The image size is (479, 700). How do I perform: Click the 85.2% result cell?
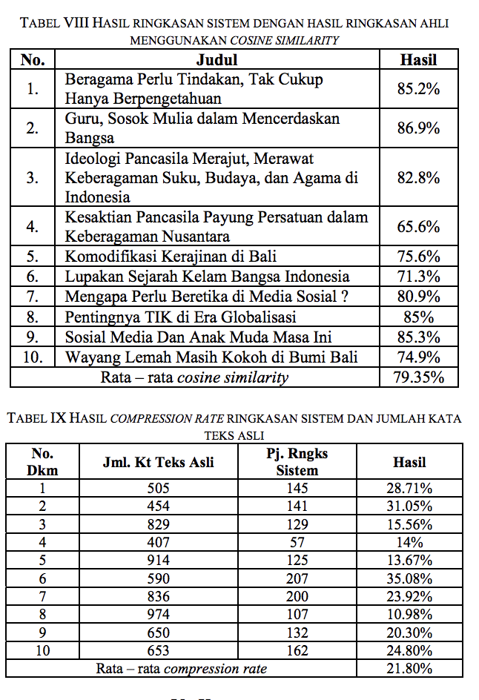click(418, 89)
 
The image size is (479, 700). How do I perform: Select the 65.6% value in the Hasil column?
click(418, 227)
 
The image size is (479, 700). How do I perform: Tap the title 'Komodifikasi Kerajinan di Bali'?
click(171, 257)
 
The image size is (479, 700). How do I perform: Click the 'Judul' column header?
click(216, 60)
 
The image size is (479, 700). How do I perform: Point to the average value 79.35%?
click(418, 377)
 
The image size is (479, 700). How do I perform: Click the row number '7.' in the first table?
click(32, 297)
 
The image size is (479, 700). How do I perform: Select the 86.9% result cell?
click(418, 128)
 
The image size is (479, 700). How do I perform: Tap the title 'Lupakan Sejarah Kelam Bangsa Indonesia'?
click(207, 277)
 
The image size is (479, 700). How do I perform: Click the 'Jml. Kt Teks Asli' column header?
click(158, 462)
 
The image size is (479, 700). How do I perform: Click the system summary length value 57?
click(297, 541)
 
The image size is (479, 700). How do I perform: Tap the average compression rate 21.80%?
click(409, 668)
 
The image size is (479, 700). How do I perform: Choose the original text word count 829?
click(158, 524)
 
